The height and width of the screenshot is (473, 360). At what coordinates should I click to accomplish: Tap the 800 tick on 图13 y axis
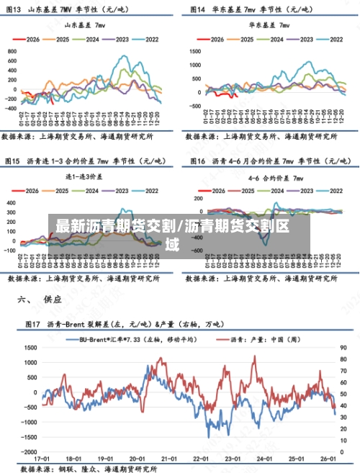click(12, 51)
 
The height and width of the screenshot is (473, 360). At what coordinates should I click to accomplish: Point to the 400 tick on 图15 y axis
click(12, 202)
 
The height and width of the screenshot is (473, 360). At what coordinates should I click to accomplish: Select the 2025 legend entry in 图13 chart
click(64, 40)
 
